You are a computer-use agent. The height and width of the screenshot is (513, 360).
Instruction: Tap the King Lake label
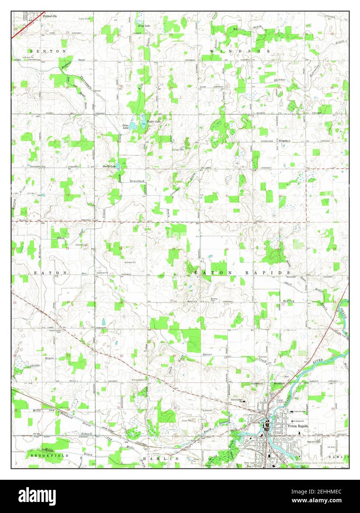(144, 26)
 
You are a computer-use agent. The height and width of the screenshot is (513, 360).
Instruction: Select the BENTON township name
(48, 51)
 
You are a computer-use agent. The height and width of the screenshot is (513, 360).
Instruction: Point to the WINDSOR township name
(240, 51)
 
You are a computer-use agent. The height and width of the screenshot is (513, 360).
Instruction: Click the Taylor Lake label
(154, 121)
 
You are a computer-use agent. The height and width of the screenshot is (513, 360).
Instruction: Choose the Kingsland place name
(284, 141)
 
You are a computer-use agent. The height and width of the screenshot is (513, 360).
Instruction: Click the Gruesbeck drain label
(138, 181)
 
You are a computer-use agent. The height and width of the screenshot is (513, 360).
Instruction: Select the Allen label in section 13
(60, 238)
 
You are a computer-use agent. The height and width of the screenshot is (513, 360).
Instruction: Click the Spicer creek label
(207, 355)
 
